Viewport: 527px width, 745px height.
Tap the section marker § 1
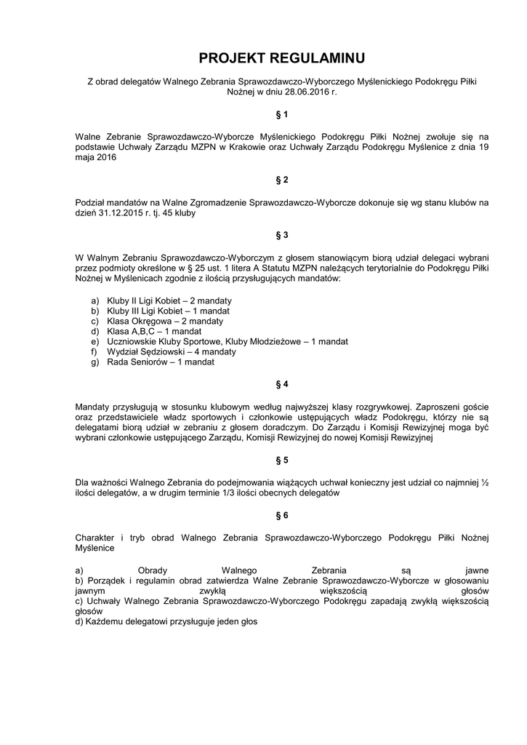[282, 114]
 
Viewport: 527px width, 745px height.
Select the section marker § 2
[282, 179]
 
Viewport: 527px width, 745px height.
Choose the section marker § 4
[282, 383]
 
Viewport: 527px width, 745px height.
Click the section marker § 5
[282, 460]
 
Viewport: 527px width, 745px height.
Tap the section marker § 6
[282, 515]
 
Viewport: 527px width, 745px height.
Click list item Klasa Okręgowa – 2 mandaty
[165, 321]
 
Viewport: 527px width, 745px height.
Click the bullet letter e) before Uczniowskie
[94, 341]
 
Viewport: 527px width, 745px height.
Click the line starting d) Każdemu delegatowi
[166, 622]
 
